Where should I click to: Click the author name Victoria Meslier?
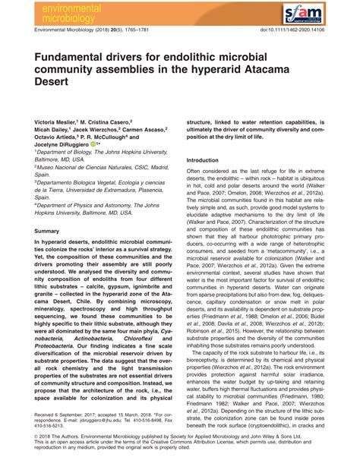pos(60,122)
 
